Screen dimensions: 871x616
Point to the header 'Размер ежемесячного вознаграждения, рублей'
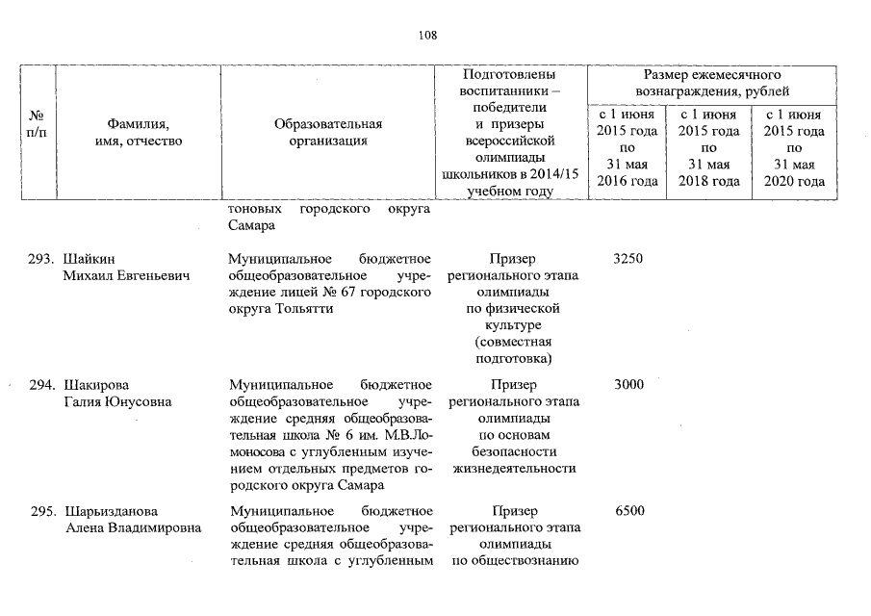click(711, 83)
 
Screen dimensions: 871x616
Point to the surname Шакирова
click(95, 385)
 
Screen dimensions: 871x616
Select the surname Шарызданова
click(110, 510)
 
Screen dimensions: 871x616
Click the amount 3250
click(628, 259)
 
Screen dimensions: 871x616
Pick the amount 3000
click(628, 385)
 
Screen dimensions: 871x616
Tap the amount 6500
click(628, 510)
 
